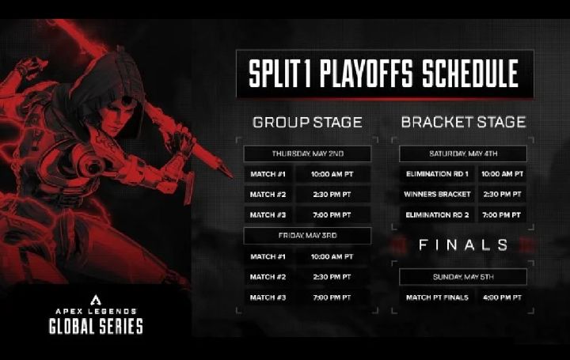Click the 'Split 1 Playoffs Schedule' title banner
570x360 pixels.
click(x=385, y=74)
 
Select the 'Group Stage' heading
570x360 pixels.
click(x=307, y=123)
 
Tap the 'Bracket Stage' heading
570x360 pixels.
click(x=463, y=122)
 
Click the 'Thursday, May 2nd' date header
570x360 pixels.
click(x=307, y=153)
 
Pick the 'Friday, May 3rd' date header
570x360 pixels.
click(x=307, y=236)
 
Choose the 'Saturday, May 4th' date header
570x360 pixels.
click(x=463, y=153)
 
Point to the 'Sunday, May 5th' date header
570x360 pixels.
click(x=463, y=277)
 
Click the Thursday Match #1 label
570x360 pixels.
click(x=268, y=174)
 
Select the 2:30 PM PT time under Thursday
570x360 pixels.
click(x=332, y=195)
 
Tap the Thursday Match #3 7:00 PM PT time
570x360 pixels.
click(x=332, y=215)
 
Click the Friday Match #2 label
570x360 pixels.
click(x=268, y=277)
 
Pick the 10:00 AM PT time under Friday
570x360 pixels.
click(x=332, y=256)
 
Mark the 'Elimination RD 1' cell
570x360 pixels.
click(x=437, y=174)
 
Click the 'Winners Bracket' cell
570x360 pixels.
click(x=437, y=195)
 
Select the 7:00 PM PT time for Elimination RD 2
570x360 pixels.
click(x=502, y=215)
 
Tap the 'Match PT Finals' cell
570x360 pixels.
click(x=437, y=297)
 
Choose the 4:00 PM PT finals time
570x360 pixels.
click(x=502, y=297)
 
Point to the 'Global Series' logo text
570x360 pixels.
click(x=96, y=326)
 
